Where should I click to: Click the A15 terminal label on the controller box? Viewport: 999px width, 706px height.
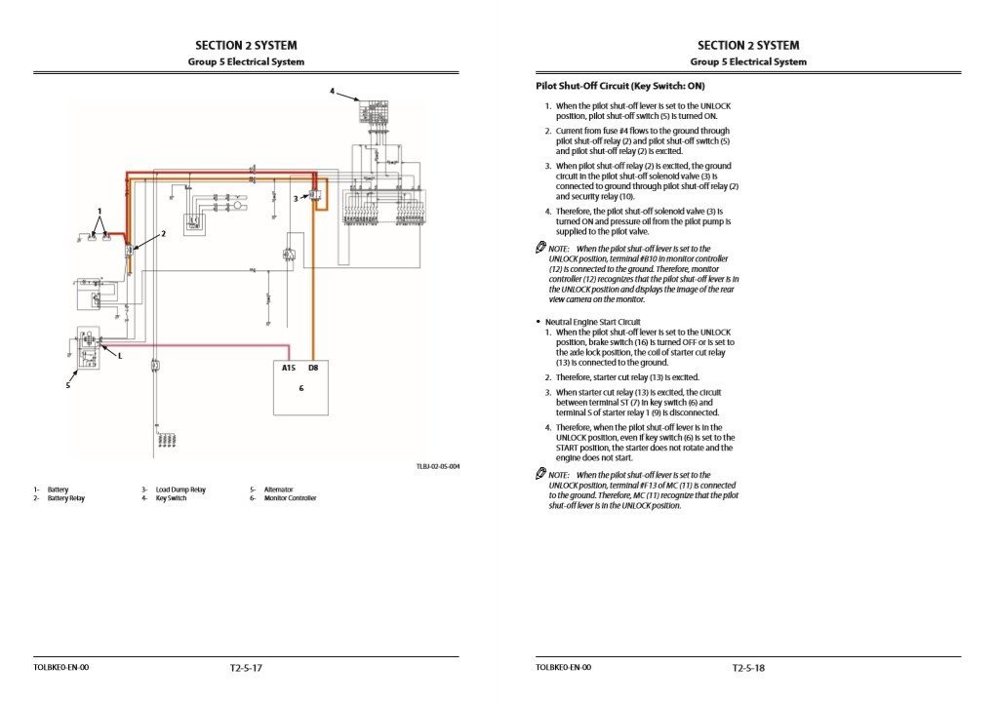289,369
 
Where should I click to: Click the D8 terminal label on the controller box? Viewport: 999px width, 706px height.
312,369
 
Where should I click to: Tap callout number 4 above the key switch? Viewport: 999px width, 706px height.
332,92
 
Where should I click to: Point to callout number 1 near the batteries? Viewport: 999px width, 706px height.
99,211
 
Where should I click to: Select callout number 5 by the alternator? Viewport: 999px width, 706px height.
68,385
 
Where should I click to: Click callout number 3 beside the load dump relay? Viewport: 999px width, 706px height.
295,198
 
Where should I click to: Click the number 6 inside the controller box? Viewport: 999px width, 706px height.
301,387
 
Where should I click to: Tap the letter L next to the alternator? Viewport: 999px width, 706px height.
120,356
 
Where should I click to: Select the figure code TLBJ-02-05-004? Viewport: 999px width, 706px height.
437,467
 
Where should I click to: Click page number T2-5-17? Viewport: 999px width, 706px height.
246,668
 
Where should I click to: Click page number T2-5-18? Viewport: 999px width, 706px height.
748,668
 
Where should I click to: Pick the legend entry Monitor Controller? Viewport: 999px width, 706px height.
290,498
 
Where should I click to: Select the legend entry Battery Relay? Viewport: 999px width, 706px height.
65,498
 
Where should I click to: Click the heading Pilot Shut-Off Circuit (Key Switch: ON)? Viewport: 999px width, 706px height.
619,87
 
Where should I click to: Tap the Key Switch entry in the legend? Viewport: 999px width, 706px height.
171,498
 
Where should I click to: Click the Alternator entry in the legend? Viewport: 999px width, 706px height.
278,490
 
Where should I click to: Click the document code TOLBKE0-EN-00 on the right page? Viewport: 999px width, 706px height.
563,668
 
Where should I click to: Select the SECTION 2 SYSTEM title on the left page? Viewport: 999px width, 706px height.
246,45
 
